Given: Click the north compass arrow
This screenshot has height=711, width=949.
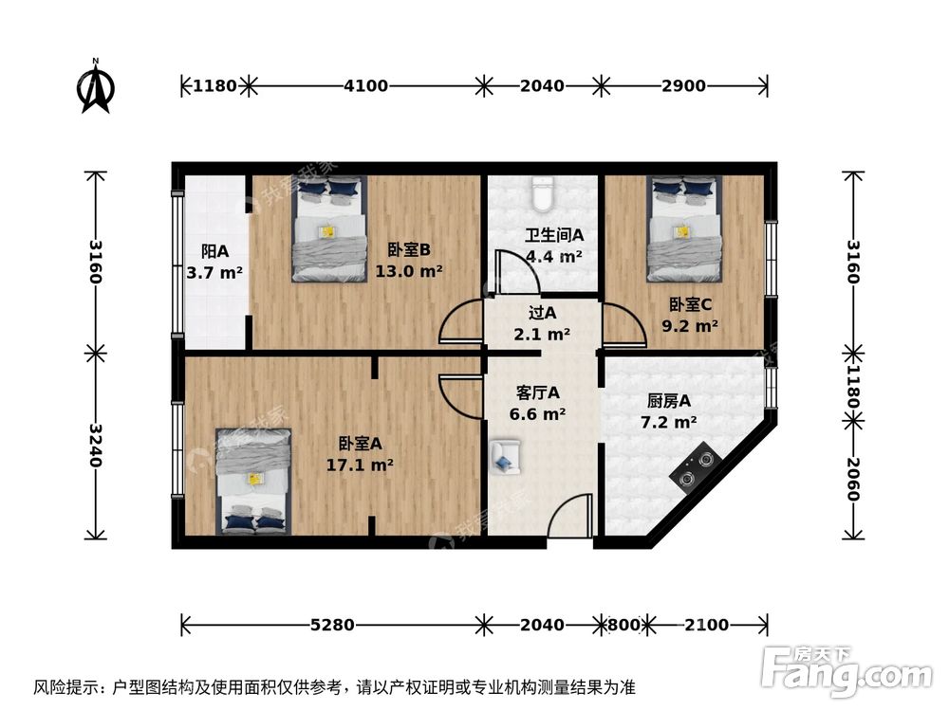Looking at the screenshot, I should tap(96, 87).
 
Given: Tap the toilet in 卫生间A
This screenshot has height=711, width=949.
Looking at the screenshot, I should tap(543, 193).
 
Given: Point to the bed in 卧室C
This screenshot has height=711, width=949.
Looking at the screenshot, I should tap(683, 229).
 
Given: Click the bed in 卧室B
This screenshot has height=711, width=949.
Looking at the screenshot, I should tap(328, 230).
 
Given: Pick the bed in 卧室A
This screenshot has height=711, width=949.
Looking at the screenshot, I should tap(252, 479).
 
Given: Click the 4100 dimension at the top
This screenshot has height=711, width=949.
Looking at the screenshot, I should tap(365, 86).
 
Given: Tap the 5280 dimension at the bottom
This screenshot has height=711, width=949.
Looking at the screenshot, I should tap(332, 625).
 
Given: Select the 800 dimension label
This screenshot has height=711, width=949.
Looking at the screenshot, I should tap(623, 625).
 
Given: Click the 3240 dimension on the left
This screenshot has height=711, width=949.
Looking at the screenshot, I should tap(95, 447).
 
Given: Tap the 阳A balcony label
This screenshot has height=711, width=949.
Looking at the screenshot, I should tap(214, 252).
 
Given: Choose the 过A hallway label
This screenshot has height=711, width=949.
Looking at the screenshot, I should tap(542, 313).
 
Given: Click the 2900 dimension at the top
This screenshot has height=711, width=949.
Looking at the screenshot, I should tap(683, 86).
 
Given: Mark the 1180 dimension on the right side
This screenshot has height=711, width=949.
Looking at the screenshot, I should tap(853, 388).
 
